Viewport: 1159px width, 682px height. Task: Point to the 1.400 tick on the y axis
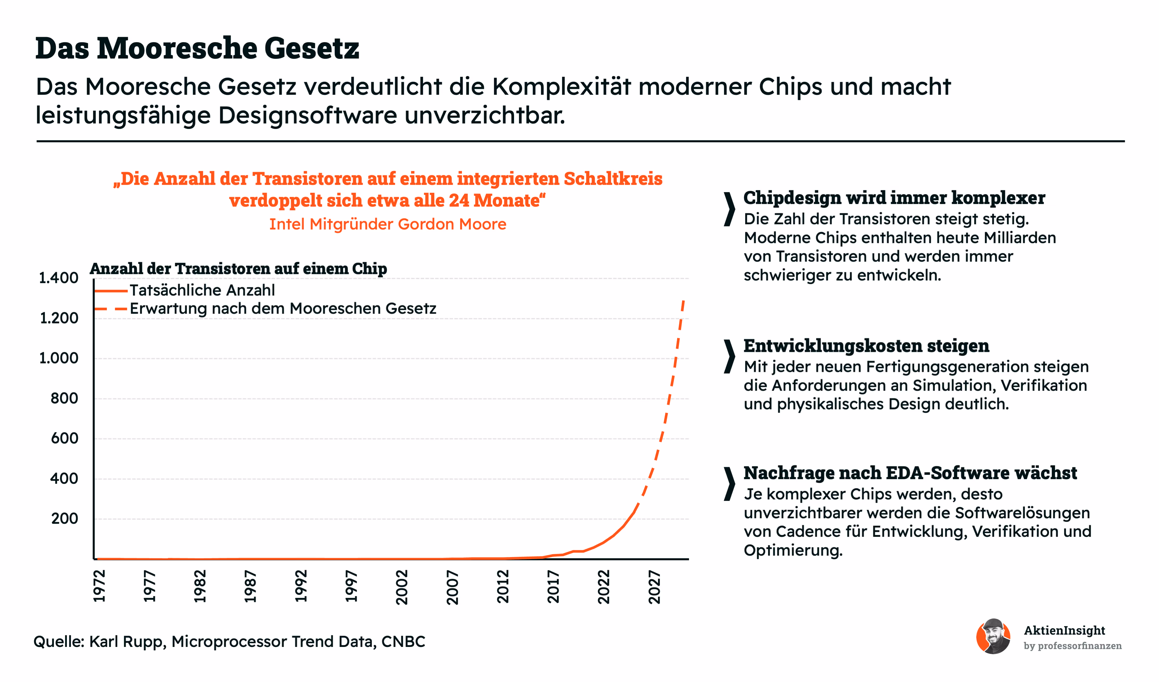click(59, 278)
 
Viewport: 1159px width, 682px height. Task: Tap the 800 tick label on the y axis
click(64, 399)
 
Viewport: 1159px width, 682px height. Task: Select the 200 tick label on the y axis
click(64, 519)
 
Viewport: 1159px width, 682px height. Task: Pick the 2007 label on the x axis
click(453, 587)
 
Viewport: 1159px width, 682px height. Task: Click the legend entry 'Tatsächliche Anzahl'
click(202, 290)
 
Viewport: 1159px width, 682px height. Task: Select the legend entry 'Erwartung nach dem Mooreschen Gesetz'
click(283, 308)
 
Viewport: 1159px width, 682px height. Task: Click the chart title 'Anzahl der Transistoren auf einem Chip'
click(238, 268)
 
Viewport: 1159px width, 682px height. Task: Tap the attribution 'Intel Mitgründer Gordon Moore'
click(388, 224)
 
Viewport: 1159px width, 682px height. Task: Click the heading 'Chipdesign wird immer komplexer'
click(894, 198)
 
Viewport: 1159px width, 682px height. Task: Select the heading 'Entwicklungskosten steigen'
click(866, 345)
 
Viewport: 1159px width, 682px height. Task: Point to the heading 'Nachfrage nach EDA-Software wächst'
click(910, 473)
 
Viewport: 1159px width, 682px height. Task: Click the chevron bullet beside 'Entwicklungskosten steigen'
click(729, 357)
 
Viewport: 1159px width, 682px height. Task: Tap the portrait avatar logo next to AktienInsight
click(994, 636)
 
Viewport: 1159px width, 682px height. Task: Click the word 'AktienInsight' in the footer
click(1064, 630)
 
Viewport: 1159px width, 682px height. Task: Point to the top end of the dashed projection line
click(684, 300)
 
